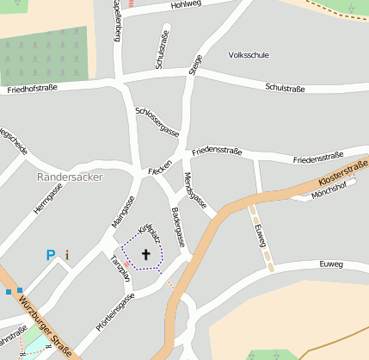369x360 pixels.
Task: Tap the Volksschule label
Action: click(249, 54)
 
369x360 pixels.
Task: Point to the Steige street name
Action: click(194, 66)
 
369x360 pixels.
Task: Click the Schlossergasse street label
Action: click(157, 121)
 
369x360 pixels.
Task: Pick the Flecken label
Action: click(160, 167)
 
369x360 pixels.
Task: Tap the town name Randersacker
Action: click(71, 177)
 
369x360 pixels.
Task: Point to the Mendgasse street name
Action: click(195, 192)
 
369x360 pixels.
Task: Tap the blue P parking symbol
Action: click(51, 255)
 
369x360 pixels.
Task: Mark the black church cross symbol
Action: click(145, 254)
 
